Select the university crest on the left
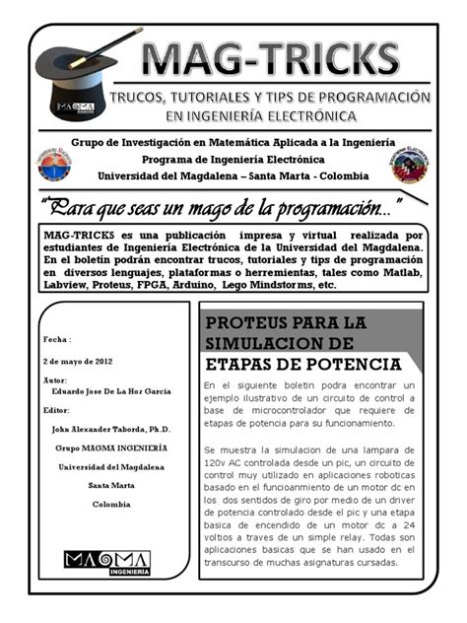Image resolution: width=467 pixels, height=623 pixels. point(54,165)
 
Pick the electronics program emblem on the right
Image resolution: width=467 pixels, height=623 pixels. point(409,165)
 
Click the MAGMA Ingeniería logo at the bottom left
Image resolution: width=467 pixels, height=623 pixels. point(94,563)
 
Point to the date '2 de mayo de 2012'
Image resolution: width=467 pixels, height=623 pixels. point(78,363)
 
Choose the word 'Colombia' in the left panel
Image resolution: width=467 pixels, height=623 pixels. point(111,504)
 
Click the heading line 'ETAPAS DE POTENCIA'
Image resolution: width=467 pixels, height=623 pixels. point(302,364)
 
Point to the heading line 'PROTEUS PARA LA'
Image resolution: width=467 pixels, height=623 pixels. point(285,323)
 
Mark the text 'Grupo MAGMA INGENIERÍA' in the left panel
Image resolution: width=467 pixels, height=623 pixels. point(110,448)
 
